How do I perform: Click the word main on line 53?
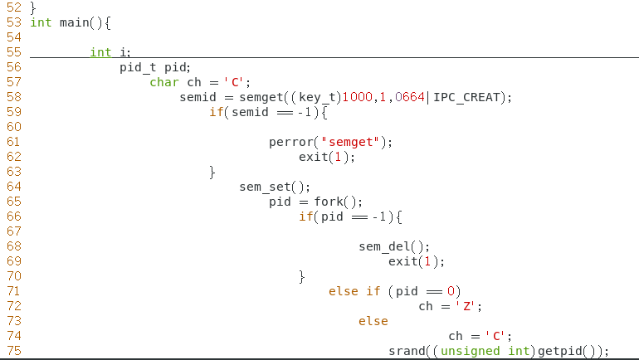click(74, 22)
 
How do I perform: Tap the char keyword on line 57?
click(164, 82)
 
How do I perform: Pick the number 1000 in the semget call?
click(358, 97)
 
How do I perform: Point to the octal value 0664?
click(410, 97)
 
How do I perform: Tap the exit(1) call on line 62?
click(327, 157)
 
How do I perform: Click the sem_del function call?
click(384, 246)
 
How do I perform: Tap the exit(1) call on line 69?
click(417, 261)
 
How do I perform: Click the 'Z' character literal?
click(467, 306)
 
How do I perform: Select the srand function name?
click(407, 351)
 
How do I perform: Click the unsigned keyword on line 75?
click(471, 351)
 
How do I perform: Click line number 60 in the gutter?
click(13, 127)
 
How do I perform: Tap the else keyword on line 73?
click(373, 321)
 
